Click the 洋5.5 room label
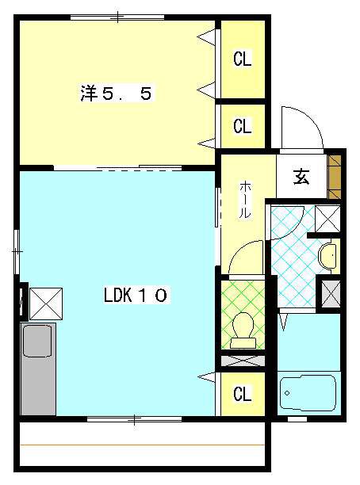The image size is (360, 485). pos(116,94)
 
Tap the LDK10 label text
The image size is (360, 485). pos(135,296)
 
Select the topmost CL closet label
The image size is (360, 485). pos(242,59)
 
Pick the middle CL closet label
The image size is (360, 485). pos(242,125)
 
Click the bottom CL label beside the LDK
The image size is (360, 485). pos(242,393)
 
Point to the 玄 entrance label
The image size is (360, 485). pos(302,177)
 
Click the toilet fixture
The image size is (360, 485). pos(243,329)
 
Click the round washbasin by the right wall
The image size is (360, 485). pos(328,255)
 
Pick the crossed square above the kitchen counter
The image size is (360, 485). pos(43,301)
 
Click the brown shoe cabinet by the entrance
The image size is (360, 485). pos(335,175)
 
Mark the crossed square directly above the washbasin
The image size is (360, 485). pos(327,217)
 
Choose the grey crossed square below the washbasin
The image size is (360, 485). pos(328,294)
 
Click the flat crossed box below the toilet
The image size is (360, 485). pos(243,361)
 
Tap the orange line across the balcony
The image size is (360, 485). pos(143,444)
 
